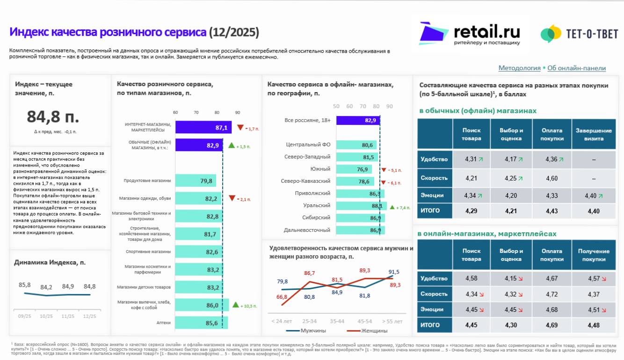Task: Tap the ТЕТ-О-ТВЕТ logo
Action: [579, 34]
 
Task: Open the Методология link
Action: [519, 68]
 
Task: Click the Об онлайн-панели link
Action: [576, 68]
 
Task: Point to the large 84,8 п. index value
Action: [53, 116]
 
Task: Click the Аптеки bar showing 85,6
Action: [201, 323]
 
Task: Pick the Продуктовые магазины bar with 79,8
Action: [196, 180]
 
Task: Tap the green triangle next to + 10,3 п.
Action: [236, 305]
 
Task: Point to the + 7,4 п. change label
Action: [402, 208]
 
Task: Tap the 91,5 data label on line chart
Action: [394, 272]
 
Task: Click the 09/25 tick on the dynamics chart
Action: [24, 317]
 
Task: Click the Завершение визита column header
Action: [594, 135]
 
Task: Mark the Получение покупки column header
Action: [594, 255]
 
